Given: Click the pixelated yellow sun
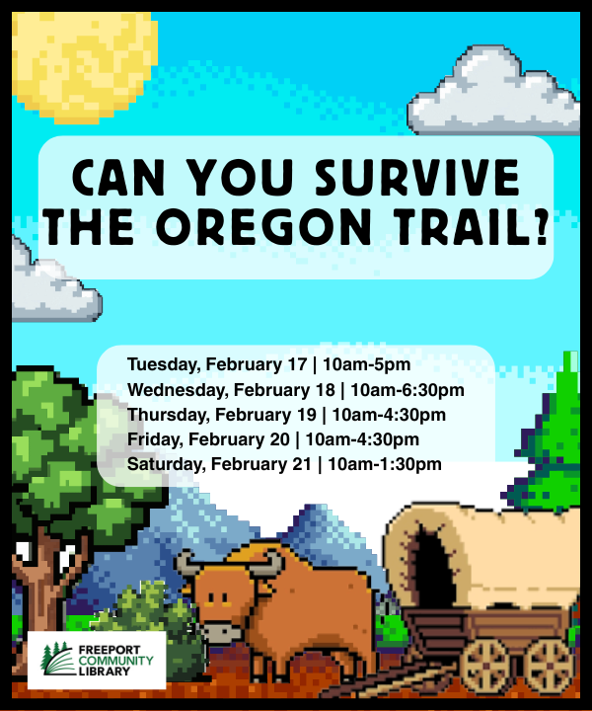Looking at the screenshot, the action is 84,67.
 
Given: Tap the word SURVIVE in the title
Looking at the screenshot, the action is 416,177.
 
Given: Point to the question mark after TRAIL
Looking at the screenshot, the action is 542,226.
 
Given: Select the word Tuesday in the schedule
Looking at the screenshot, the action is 164,365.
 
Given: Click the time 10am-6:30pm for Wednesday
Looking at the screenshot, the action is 407,390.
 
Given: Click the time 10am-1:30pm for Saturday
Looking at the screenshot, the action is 385,464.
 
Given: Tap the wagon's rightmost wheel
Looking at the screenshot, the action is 550,666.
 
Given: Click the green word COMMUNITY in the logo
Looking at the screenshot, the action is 116,661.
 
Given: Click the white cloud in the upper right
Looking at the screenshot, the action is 493,92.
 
